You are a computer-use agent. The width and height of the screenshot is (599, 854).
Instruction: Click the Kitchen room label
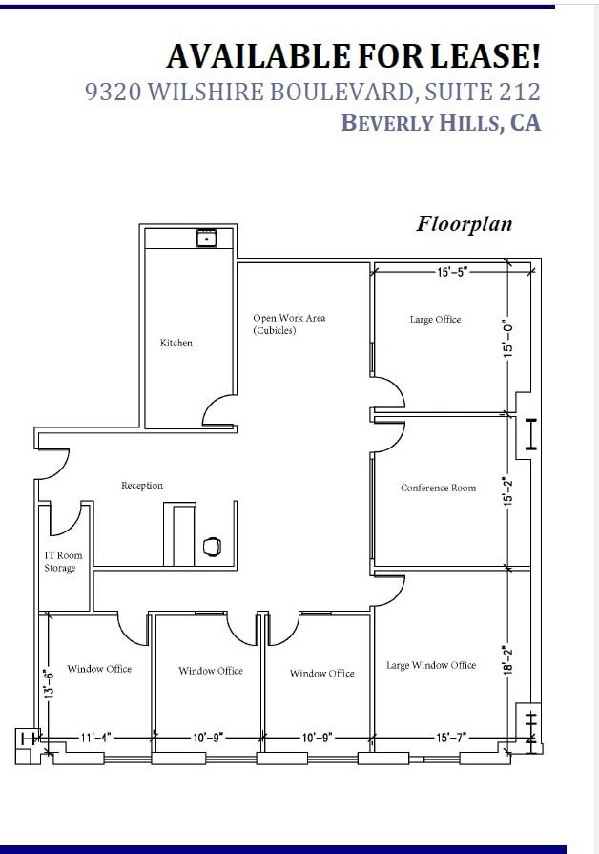[176, 343]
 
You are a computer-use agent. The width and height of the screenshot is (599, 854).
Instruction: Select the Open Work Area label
[289, 323]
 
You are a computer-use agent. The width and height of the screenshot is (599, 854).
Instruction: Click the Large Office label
[435, 320]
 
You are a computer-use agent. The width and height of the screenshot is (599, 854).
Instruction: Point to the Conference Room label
[438, 488]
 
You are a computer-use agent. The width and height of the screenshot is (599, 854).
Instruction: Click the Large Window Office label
[430, 665]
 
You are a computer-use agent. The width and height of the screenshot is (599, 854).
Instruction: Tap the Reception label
[142, 486]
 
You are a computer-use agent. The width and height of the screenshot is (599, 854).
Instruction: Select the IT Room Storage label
[63, 562]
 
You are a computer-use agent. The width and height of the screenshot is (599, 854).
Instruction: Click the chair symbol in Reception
[213, 546]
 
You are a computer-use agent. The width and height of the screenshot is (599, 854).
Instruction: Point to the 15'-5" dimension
[452, 272]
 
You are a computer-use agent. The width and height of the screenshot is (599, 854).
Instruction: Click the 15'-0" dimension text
[508, 337]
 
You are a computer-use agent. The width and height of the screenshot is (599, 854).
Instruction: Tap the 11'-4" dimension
[94, 737]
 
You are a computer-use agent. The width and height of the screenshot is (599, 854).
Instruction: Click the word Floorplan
[464, 223]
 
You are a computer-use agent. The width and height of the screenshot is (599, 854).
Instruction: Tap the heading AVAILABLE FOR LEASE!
[353, 56]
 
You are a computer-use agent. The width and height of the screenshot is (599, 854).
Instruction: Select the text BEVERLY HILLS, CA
[441, 122]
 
